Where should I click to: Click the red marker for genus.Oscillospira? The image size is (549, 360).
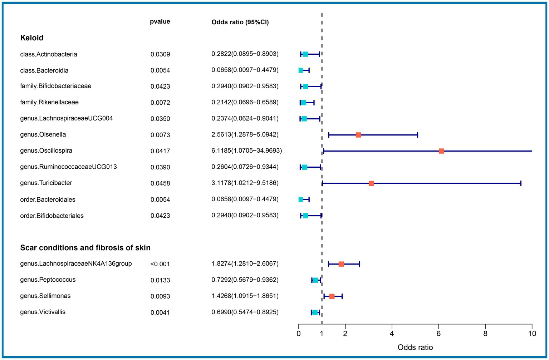(441, 151)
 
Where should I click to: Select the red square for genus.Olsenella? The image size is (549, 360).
(358, 135)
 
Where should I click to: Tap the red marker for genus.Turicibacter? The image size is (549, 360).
(371, 183)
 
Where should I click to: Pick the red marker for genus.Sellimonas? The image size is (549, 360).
(332, 296)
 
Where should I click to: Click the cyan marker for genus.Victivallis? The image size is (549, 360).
(315, 312)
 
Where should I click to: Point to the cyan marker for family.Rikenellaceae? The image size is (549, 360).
(303, 103)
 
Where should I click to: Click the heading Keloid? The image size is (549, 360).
(32, 38)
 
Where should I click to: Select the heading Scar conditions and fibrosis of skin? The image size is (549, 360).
(85, 248)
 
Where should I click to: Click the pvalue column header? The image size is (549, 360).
(160, 22)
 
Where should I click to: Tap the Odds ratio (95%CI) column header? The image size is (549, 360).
(240, 22)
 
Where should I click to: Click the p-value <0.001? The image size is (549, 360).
(160, 264)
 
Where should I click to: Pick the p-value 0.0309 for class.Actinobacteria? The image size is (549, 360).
(160, 54)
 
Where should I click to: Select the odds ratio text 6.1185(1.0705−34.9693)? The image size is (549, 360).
(246, 151)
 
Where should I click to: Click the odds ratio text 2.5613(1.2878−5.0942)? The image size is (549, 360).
(245, 135)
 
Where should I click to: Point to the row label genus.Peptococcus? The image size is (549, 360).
(48, 280)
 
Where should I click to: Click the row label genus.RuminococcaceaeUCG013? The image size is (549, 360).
(68, 167)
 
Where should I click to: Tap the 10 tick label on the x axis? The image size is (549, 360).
(532, 334)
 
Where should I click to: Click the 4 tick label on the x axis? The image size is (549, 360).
(392, 334)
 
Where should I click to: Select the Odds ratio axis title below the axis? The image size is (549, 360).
(415, 347)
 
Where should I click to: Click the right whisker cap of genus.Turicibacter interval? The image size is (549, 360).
(521, 183)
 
